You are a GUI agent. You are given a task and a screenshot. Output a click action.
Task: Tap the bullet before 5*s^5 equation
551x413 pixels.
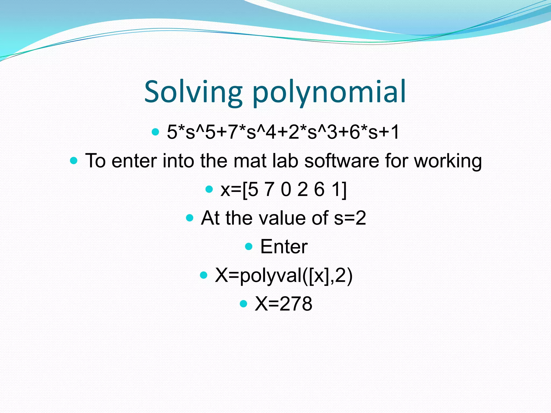(x=155, y=132)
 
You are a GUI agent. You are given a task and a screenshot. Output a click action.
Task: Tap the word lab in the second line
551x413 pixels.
(x=285, y=161)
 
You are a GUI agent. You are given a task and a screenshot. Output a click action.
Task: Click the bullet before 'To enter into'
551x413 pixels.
(x=73, y=161)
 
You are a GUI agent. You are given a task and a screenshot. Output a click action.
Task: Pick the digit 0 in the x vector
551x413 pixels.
(x=286, y=189)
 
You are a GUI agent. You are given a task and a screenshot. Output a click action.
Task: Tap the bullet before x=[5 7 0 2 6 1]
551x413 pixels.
(x=209, y=189)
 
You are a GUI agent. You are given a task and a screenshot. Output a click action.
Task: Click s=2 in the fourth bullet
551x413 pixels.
(x=350, y=218)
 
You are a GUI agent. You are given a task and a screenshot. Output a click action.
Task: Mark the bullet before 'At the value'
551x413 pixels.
(x=190, y=218)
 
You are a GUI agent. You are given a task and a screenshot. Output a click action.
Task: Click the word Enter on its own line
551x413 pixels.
(x=284, y=247)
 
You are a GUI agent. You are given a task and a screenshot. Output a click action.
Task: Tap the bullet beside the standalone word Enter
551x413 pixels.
(x=249, y=246)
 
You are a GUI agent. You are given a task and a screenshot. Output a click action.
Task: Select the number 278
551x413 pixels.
(x=296, y=304)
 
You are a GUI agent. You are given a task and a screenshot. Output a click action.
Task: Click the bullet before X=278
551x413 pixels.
(x=243, y=304)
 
